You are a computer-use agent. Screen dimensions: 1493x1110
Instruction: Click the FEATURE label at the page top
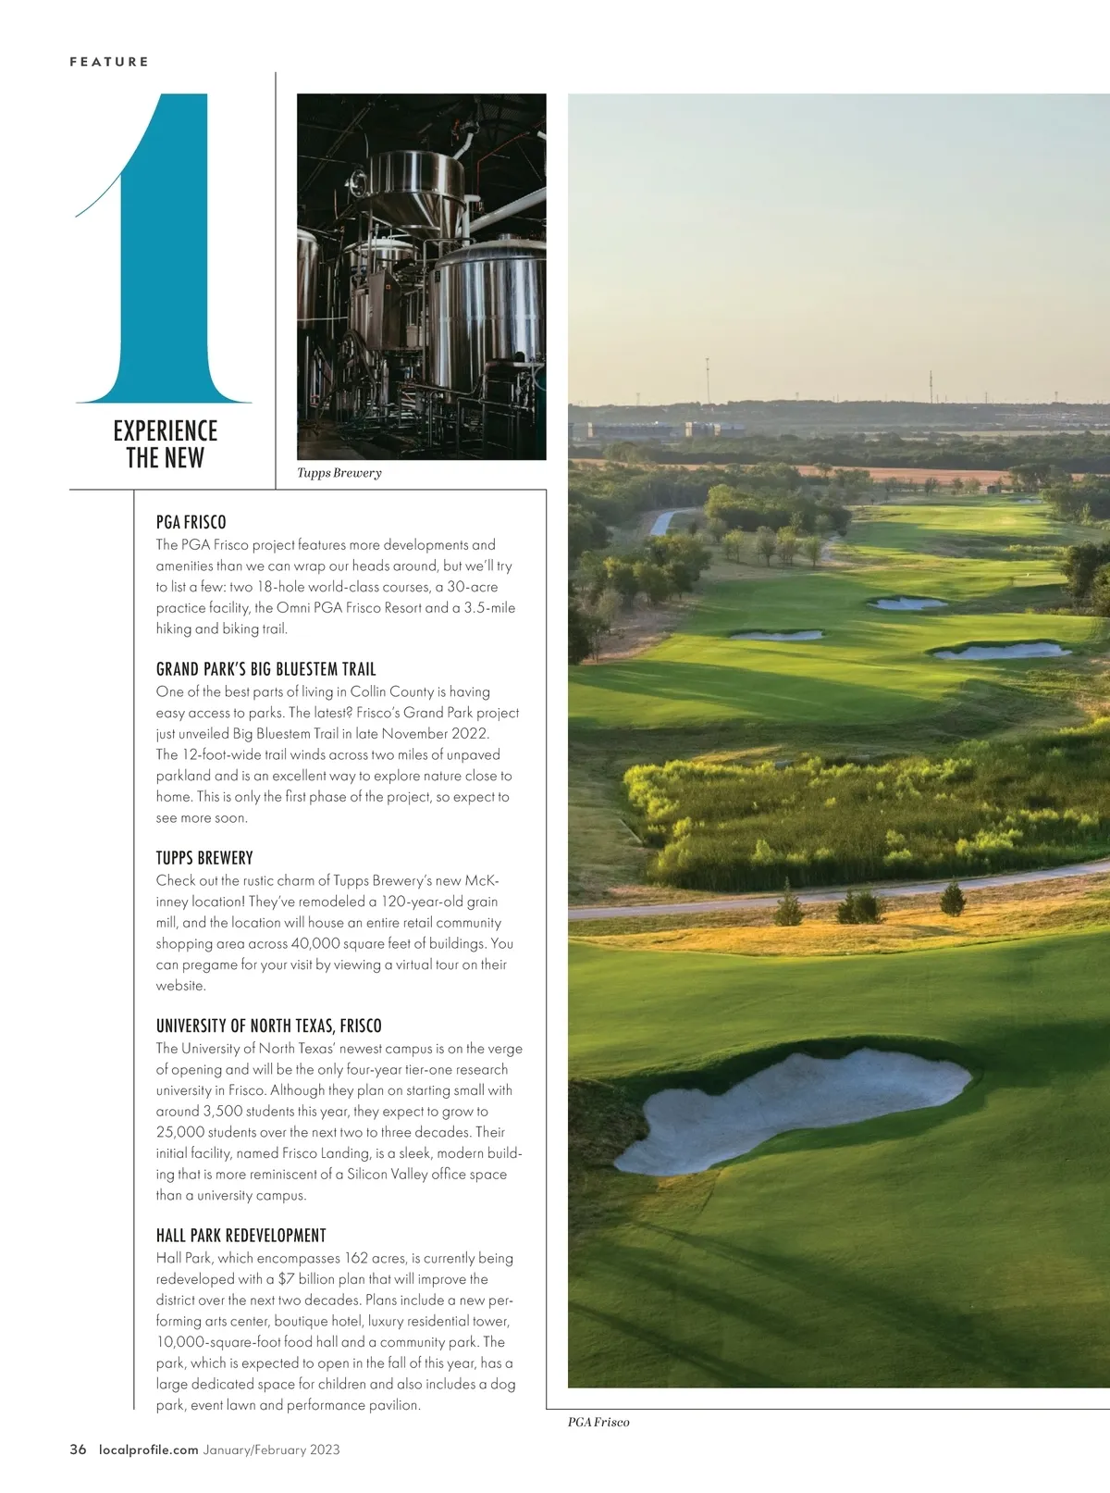click(109, 62)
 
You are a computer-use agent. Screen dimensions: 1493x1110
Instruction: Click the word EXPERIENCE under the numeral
click(166, 430)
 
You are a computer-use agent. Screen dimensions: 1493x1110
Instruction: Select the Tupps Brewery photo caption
click(339, 473)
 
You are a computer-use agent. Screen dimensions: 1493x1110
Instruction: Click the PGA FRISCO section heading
click(191, 522)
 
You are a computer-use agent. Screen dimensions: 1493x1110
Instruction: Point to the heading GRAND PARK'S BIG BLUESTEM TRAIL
click(266, 669)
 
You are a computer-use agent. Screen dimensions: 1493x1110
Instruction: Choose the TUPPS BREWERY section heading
click(204, 858)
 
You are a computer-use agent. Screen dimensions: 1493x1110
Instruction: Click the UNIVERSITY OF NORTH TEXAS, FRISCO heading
click(269, 1026)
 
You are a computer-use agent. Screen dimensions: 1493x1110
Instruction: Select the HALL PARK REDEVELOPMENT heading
click(241, 1236)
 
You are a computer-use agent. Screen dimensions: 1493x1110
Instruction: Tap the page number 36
click(79, 1449)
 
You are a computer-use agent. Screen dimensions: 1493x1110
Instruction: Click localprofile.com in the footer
click(149, 1449)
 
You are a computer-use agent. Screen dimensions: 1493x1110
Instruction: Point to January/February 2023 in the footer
click(272, 1449)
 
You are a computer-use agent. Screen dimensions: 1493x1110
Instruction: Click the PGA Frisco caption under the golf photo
click(598, 1422)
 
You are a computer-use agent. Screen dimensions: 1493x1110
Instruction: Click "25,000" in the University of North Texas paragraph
click(181, 1132)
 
